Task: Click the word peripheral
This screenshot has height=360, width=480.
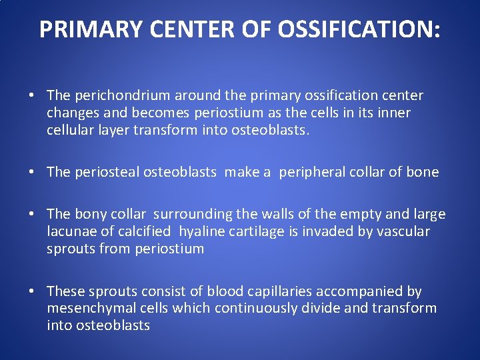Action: point(310,173)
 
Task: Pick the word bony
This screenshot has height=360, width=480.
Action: point(89,215)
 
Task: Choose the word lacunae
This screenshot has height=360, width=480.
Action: point(71,231)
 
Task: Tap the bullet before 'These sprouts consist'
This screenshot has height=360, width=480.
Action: point(32,292)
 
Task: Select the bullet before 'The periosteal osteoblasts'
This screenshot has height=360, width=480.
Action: point(32,173)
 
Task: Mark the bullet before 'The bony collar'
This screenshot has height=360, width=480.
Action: point(32,215)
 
